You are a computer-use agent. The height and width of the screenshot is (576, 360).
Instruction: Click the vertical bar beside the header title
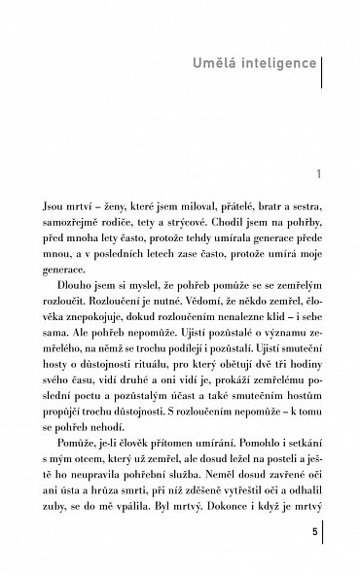point(322,67)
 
